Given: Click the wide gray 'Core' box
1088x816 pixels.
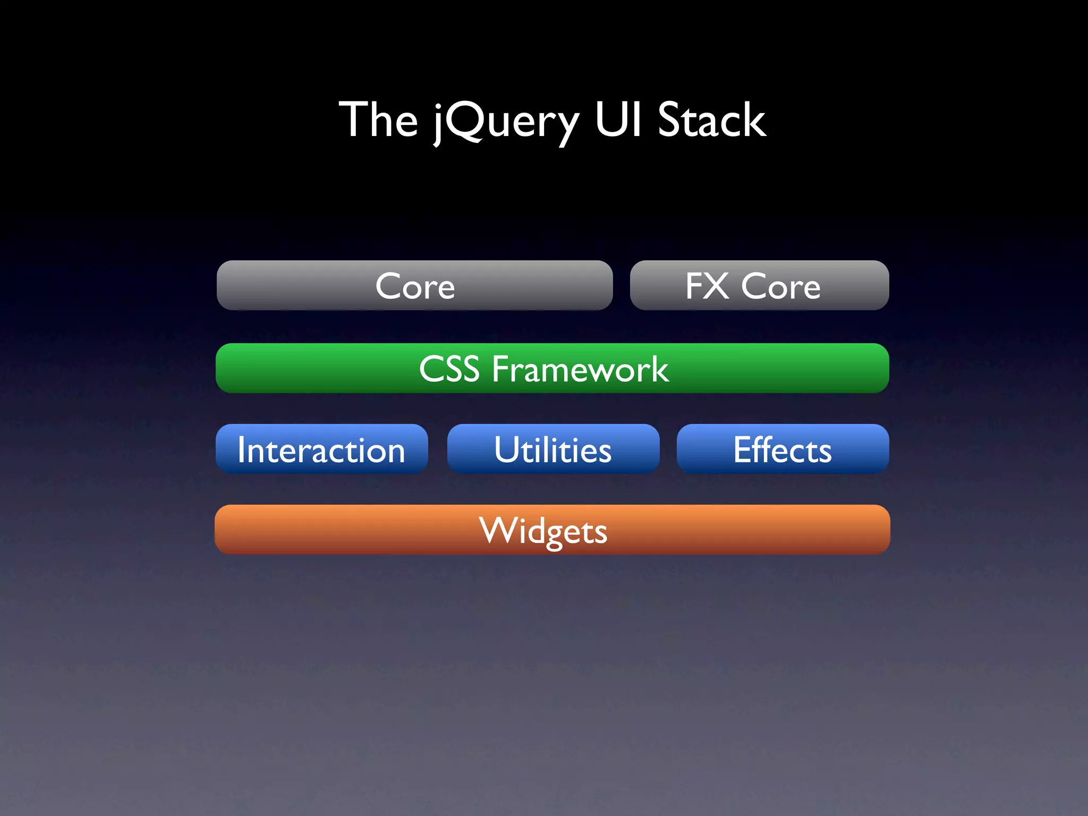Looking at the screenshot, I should pos(414,285).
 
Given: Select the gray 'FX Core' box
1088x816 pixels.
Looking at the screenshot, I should pos(759,285).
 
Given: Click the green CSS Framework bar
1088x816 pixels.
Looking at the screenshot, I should pos(552,368).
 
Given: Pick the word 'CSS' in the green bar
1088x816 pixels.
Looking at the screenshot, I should pos(449,369).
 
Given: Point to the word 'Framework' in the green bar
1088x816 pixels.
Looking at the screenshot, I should pos(580,369).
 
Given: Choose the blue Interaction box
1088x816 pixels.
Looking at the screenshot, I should pos(321,449).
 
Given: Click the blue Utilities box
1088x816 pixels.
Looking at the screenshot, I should pos(553,449).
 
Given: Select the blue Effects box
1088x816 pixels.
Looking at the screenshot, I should pos(783,449).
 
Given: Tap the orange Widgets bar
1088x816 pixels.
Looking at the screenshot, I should pos(552,530).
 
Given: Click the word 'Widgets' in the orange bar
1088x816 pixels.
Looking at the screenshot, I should pos(543,531).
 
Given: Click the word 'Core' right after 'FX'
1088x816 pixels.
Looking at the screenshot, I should pos(780,286).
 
